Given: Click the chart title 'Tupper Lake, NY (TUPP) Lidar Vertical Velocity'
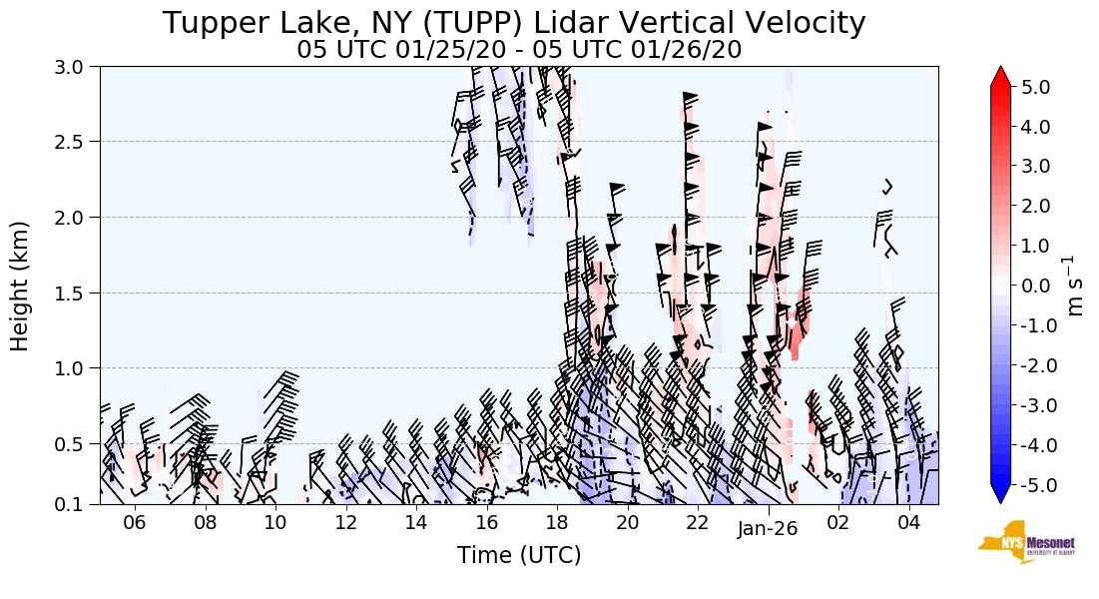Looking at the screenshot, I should [514, 22].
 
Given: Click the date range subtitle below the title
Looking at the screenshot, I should [519, 50].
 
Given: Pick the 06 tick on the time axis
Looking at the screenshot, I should [135, 522].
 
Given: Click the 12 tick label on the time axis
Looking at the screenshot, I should [346, 522].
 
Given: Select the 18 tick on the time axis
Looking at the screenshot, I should [557, 522].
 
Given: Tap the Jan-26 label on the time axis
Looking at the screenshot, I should [768, 529].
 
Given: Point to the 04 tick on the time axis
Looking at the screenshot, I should [908, 522].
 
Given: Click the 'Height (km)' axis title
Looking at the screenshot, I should [20, 286].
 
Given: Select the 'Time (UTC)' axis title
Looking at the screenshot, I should [519, 556].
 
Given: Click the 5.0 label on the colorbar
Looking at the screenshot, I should [1036, 87].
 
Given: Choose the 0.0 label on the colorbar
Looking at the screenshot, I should [1036, 286].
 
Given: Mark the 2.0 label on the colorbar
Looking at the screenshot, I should [1036, 206].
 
